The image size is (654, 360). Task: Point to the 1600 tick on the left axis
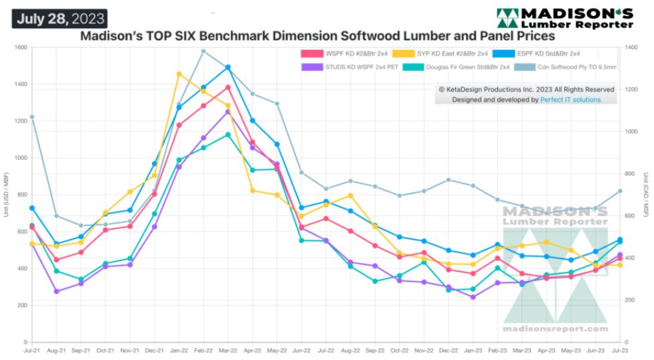[20, 48]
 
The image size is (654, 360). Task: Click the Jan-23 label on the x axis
[473, 350]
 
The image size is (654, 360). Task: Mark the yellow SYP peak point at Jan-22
[179, 74]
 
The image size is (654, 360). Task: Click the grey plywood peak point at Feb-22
[203, 52]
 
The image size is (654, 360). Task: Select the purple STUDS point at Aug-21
[56, 291]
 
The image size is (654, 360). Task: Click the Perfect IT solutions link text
[570, 100]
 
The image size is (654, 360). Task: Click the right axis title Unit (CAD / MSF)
[647, 195]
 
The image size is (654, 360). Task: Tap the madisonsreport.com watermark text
[556, 329]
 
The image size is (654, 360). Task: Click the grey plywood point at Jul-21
[31, 117]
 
